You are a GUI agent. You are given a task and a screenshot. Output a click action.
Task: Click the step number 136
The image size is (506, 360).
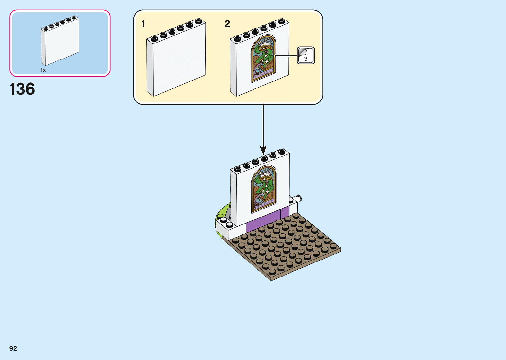point(22,89)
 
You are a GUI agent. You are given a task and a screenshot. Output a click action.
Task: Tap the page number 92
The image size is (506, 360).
point(13,348)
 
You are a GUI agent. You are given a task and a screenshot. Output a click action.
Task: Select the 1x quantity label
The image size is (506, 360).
point(43,70)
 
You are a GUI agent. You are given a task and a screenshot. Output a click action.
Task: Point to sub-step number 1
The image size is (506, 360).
point(143,24)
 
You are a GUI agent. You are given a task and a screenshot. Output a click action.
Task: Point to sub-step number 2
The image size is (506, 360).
point(227,24)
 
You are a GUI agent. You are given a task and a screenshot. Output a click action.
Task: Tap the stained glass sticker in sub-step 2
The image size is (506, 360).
point(263,59)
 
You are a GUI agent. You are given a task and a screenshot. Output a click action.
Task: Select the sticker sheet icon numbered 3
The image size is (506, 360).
point(306,55)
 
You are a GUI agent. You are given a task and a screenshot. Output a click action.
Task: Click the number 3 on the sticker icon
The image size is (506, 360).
point(306,59)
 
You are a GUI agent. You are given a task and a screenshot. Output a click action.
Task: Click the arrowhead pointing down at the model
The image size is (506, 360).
point(263,151)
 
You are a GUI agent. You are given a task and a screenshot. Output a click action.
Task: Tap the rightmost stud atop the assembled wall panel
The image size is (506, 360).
point(282,151)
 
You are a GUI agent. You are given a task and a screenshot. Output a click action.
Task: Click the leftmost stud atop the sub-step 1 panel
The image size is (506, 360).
point(154,38)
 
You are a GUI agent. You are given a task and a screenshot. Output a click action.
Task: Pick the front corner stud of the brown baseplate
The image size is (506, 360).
point(272,272)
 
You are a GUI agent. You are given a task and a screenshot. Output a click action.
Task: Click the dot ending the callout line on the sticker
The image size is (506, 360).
point(275,56)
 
